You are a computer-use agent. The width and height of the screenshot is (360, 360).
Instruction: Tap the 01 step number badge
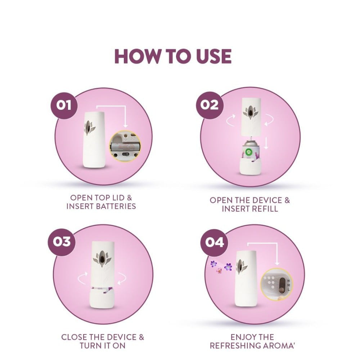64,105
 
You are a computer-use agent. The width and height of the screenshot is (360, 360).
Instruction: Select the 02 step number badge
210,105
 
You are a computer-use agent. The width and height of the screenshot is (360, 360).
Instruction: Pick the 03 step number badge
62,242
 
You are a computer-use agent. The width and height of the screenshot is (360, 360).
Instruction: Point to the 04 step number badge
214,242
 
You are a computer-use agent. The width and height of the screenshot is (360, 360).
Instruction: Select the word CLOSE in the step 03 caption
74,337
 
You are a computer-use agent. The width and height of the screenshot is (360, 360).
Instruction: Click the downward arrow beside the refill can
266,143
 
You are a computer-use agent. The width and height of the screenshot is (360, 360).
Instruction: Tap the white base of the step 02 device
250,166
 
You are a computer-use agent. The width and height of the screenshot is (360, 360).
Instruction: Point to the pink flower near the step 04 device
219,271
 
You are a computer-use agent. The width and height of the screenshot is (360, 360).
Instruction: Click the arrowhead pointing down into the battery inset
125,126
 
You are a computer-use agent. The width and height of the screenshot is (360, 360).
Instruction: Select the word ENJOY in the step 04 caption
241,337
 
